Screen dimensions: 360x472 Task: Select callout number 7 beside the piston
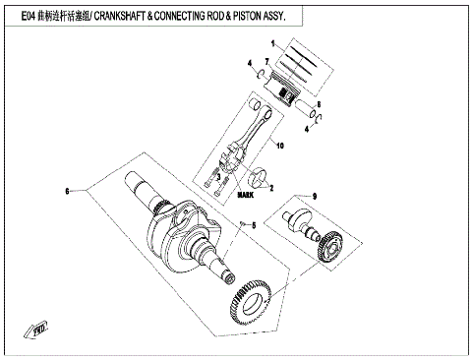coord(265,61)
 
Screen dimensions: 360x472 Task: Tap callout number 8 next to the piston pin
coord(320,103)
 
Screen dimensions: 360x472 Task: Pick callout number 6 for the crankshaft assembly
coord(67,189)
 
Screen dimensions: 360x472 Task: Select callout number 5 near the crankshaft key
coord(253,225)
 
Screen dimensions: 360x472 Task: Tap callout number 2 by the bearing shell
coord(271,187)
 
